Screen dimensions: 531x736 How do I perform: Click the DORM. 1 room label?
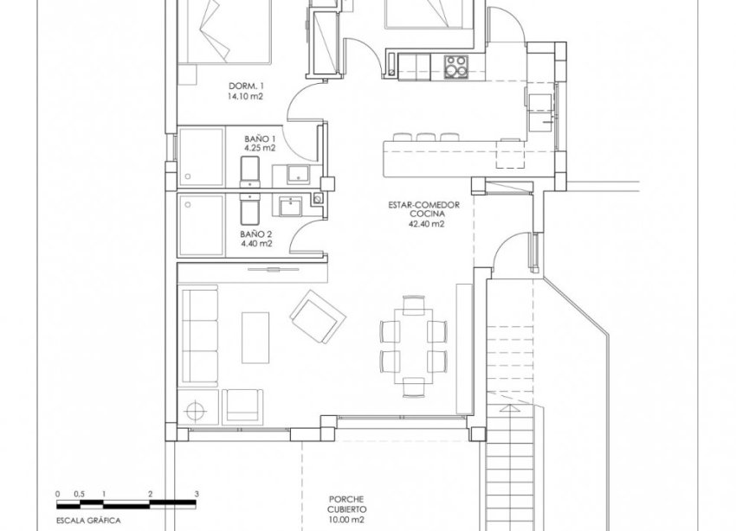244,86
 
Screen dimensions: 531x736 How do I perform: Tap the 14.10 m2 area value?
244,97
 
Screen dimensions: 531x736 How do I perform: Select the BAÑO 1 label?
260,138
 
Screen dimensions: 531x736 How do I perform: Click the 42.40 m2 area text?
423,222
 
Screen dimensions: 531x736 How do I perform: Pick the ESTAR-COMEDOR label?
423,205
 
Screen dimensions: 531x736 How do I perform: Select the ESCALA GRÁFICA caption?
85,521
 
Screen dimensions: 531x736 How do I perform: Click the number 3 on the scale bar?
197,494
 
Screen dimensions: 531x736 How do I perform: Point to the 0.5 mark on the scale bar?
80,494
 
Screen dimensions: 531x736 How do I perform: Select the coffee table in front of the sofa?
256,338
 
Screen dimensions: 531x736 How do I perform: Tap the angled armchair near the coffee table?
313,316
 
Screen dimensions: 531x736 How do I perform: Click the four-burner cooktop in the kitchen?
455,64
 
